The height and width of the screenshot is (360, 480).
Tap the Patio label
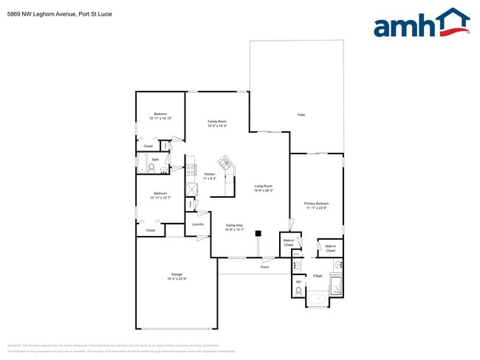click(x=301, y=114)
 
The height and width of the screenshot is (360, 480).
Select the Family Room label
click(x=216, y=121)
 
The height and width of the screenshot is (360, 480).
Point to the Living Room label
click(x=264, y=186)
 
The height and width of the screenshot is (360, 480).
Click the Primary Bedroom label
click(x=316, y=203)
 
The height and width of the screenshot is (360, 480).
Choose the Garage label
click(x=176, y=274)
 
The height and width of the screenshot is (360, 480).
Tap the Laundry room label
click(x=197, y=224)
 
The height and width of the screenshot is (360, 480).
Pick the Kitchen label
click(x=209, y=174)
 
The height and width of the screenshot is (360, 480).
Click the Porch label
click(x=264, y=267)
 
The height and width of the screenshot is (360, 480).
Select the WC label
click(x=298, y=281)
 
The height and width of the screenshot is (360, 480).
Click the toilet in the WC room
click(x=298, y=291)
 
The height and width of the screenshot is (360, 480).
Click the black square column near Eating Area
click(x=258, y=234)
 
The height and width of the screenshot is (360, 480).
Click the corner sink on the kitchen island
click(x=224, y=163)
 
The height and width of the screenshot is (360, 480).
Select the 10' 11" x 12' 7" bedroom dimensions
click(x=160, y=198)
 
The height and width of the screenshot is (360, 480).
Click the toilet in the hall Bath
click(x=151, y=168)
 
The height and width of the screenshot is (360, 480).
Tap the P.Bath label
click(x=318, y=276)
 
